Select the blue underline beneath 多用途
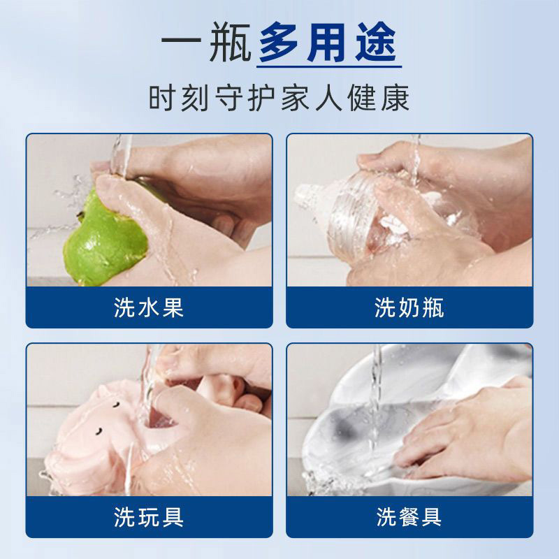(329, 68)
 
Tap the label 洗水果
(149, 308)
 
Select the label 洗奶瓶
(409, 308)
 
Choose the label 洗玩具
(149, 517)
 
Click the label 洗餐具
(409, 517)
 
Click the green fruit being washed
(105, 234)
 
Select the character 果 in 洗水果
(172, 308)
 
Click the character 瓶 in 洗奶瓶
(433, 308)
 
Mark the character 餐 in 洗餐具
(409, 517)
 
